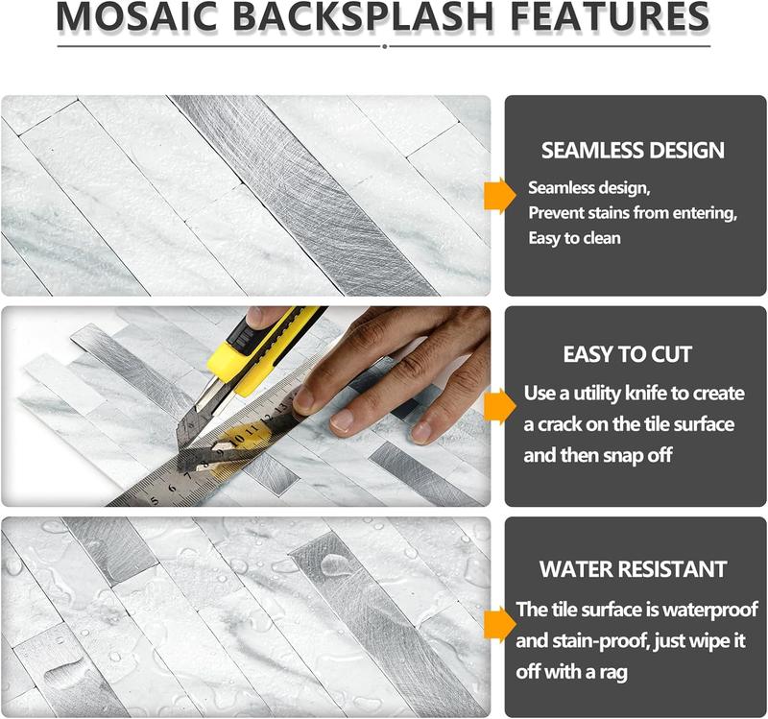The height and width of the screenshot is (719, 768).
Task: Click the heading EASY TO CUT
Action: point(628,354)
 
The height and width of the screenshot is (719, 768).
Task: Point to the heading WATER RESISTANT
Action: point(633,568)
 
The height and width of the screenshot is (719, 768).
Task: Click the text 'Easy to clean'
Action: point(575,237)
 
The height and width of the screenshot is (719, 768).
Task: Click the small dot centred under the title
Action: point(384,45)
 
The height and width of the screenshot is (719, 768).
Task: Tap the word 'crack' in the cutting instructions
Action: point(568,423)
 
